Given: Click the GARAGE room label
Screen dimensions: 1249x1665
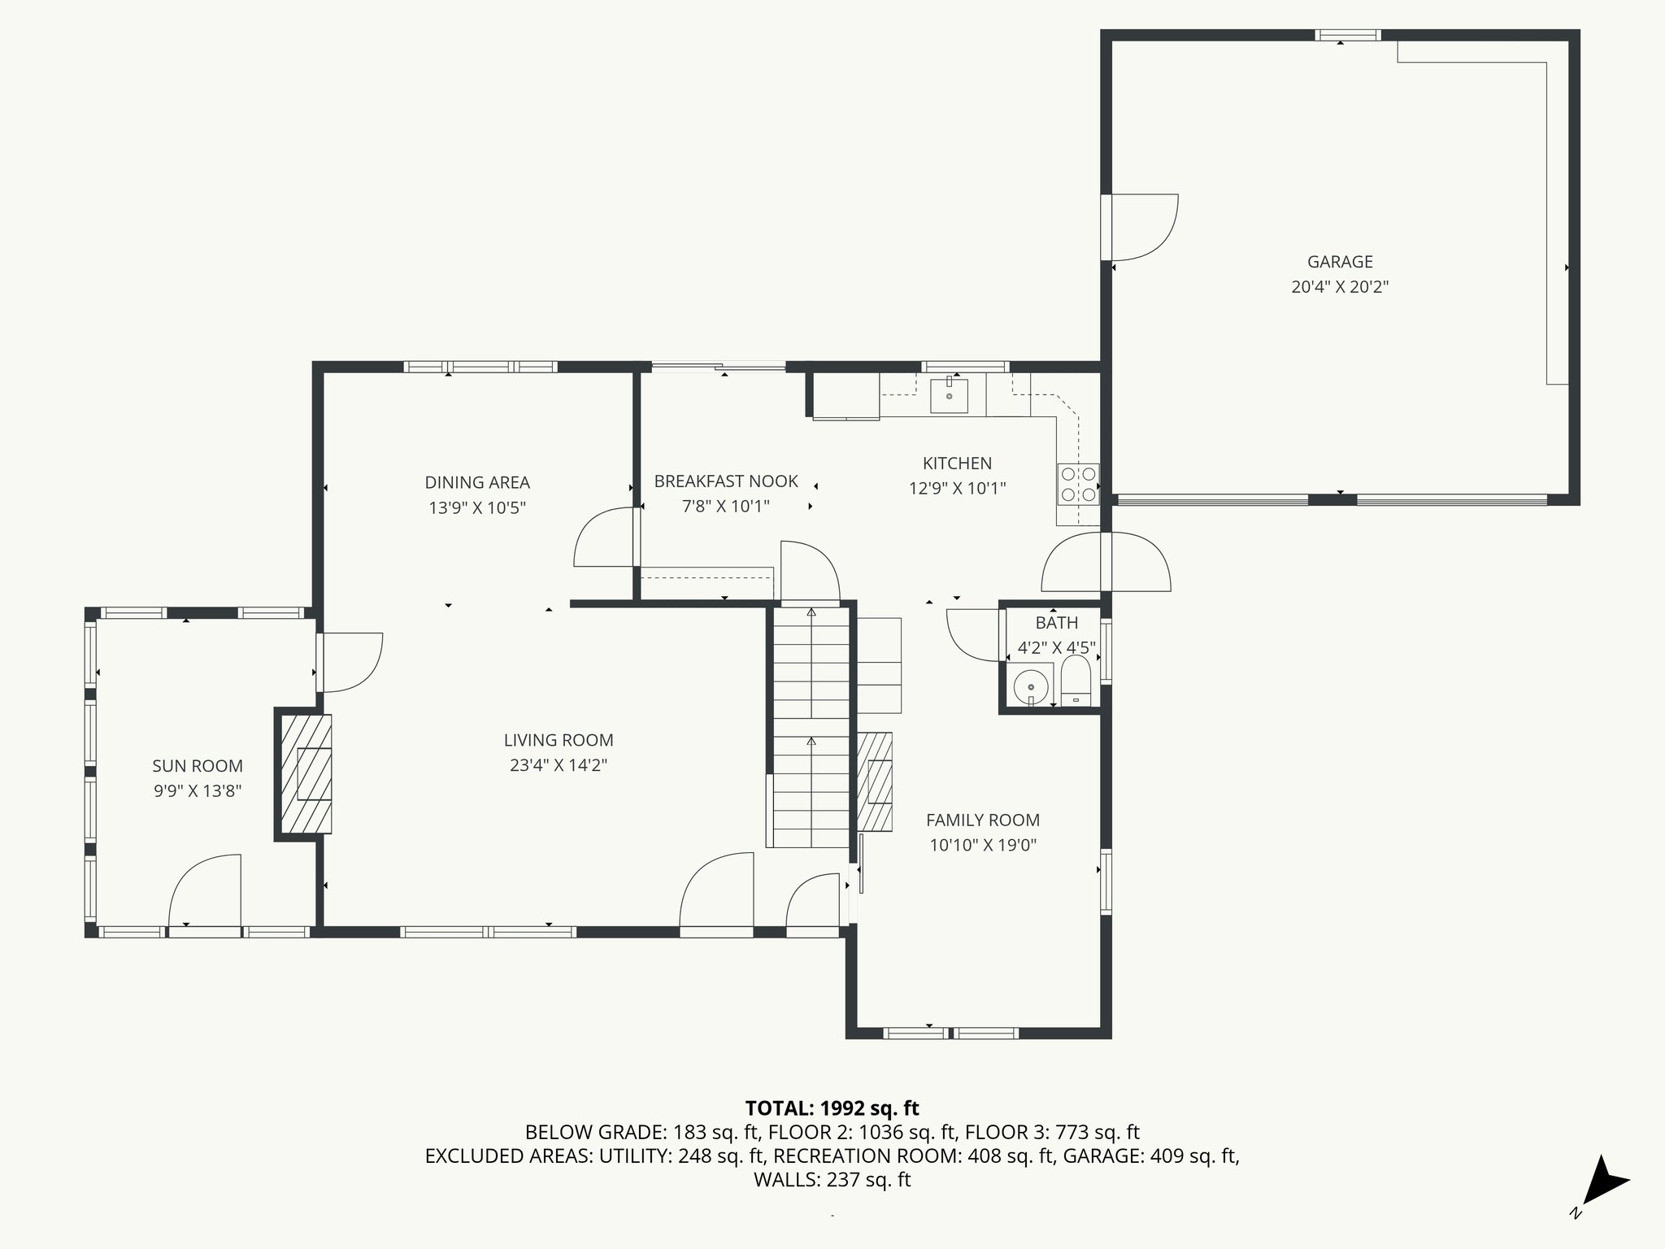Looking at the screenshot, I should (x=1340, y=262).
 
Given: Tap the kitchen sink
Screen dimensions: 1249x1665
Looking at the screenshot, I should (x=949, y=395).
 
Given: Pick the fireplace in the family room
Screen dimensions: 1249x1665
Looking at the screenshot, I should (x=876, y=781).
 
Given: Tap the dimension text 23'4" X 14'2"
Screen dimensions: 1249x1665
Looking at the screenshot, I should (x=559, y=765).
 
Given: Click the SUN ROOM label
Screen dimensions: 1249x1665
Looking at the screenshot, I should (x=198, y=766).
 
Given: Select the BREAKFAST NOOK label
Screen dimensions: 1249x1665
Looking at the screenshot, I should (x=726, y=481).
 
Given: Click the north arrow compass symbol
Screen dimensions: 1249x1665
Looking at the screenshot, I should (x=1604, y=1183).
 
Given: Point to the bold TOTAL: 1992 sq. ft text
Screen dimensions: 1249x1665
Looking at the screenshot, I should (x=832, y=1108).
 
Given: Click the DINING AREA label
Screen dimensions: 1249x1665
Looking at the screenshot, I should (x=477, y=482).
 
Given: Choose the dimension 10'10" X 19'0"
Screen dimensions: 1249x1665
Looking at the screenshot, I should (x=983, y=845).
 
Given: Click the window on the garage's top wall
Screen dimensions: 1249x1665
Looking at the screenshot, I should (x=1348, y=35).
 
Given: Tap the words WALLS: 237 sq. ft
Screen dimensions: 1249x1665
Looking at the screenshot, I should (x=832, y=1180).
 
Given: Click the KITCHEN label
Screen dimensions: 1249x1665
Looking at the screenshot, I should (x=957, y=463).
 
